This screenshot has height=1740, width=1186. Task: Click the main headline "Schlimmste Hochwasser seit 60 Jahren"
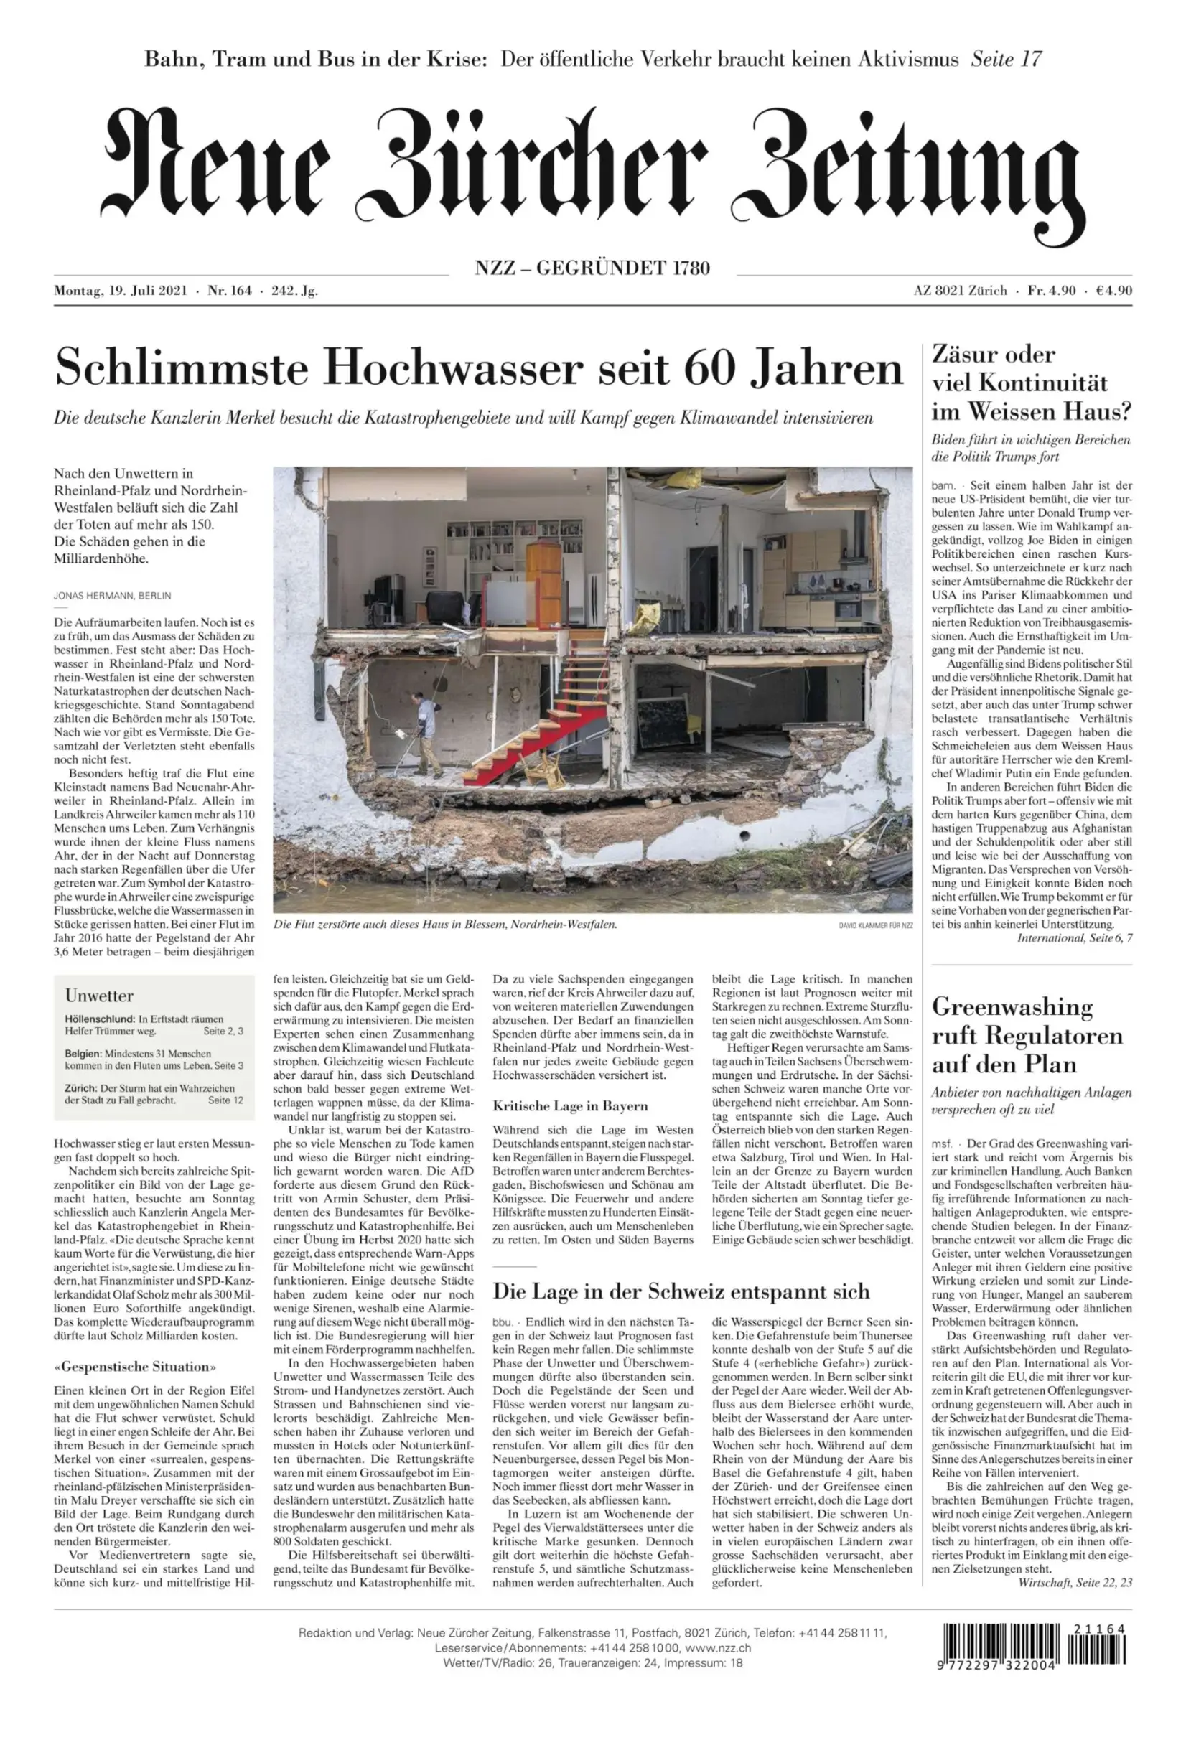(479, 368)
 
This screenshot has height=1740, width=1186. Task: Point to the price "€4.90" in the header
(1113, 291)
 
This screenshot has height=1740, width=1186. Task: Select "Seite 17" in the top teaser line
(1007, 59)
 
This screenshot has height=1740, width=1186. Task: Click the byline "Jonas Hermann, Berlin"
(112, 596)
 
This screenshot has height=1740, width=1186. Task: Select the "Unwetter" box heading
(99, 996)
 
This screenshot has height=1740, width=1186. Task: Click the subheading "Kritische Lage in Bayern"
(570, 1106)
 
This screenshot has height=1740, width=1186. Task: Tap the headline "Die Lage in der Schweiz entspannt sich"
(681, 1291)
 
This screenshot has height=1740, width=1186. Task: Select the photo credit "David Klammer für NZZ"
(875, 925)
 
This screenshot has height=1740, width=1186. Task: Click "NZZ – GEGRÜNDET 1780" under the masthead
(592, 267)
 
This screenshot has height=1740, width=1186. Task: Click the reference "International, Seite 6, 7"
(1074, 938)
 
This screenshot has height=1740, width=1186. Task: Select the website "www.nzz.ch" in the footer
(717, 1648)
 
